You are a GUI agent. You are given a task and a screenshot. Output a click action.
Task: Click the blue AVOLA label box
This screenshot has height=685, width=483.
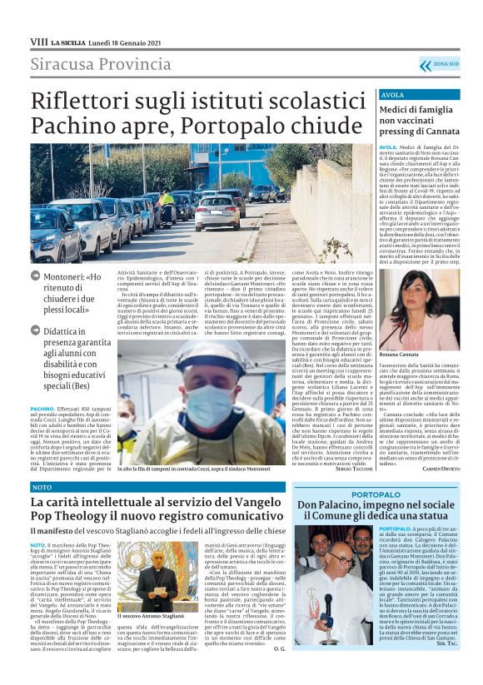click(394, 95)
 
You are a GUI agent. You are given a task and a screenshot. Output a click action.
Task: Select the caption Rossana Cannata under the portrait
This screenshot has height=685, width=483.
click(401, 355)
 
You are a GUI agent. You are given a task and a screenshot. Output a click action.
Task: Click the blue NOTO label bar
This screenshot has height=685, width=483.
click(42, 486)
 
